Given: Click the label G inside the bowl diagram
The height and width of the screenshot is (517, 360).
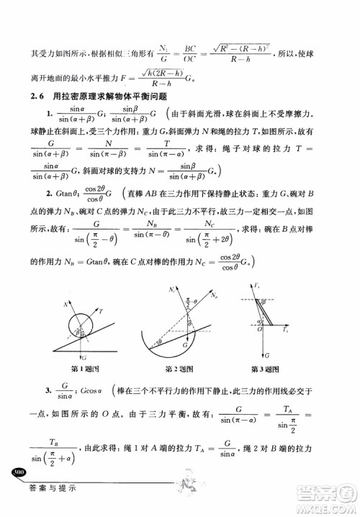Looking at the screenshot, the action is (186, 344).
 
